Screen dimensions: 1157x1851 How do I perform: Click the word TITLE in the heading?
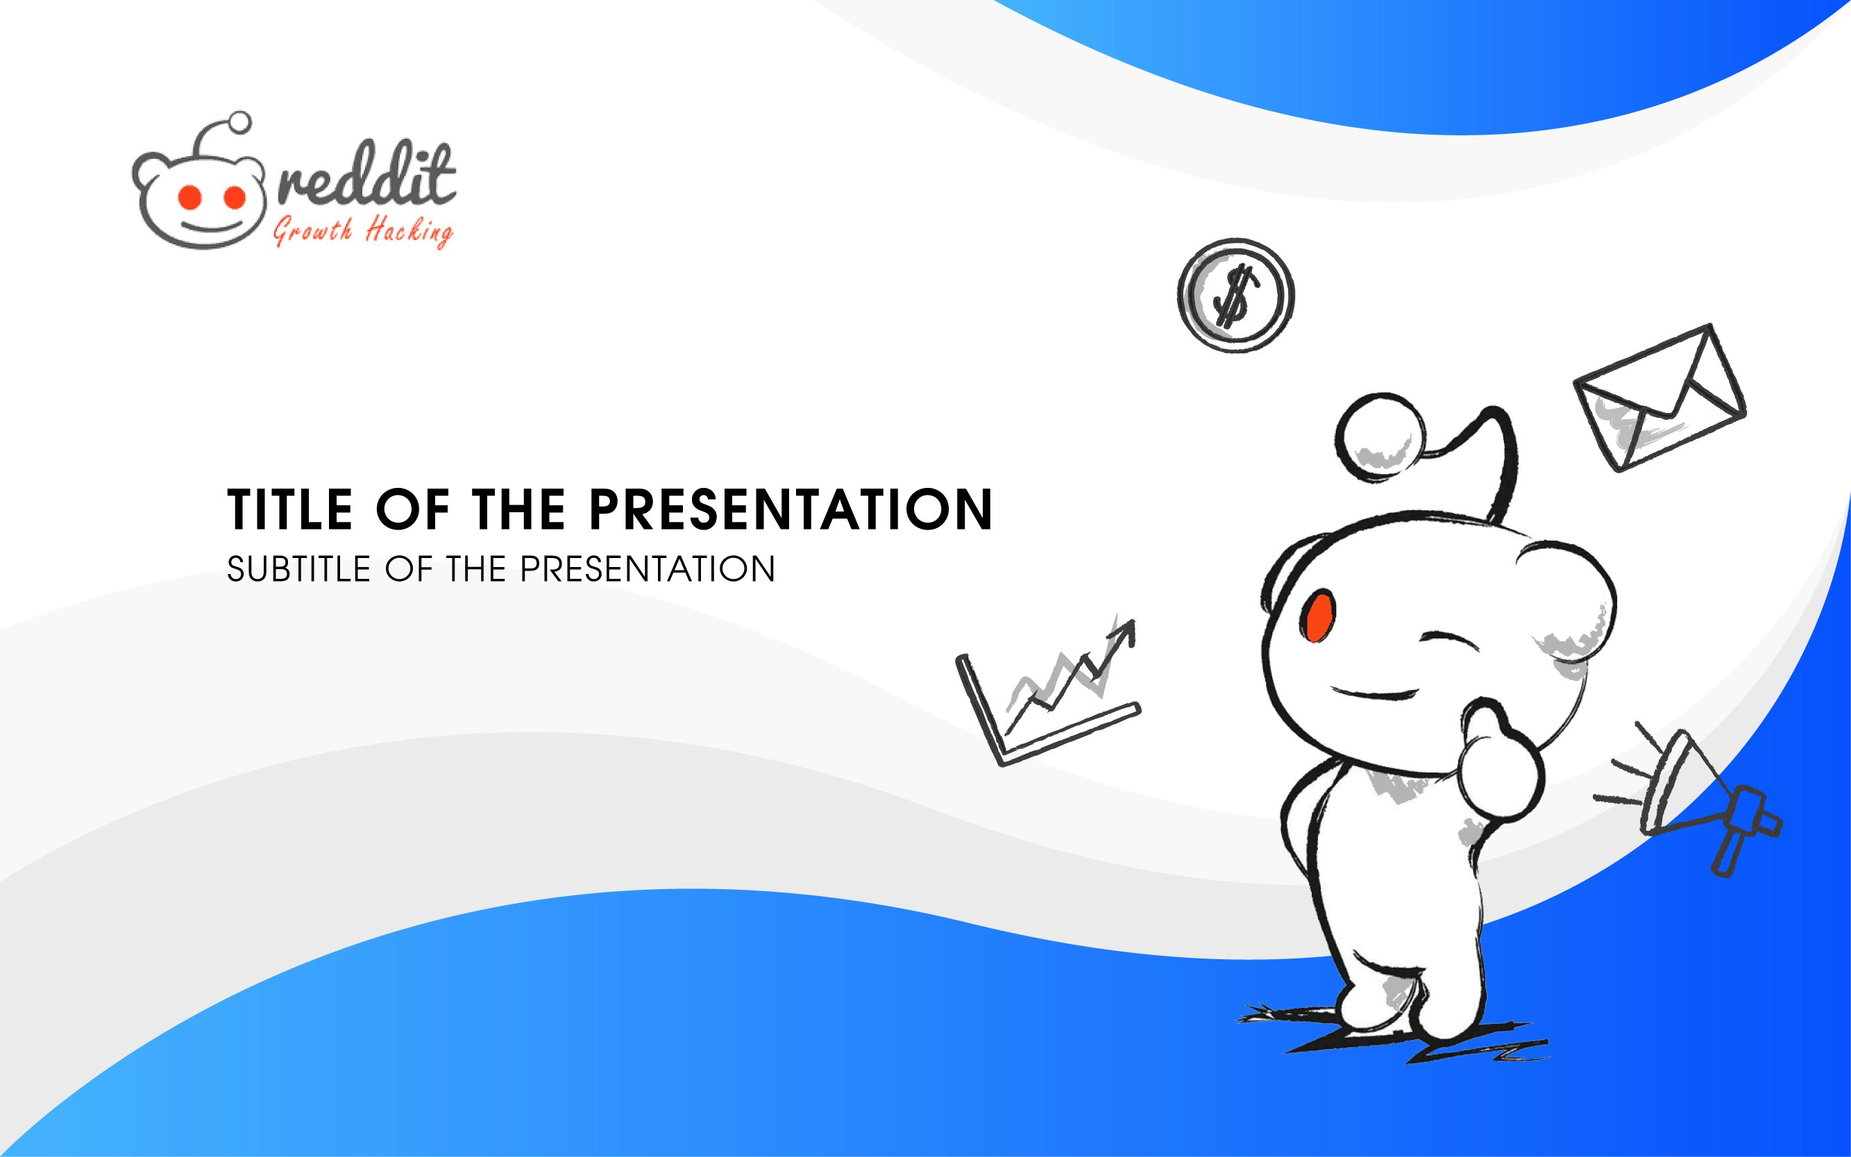point(289,509)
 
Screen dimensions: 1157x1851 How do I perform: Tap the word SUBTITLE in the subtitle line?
point(298,569)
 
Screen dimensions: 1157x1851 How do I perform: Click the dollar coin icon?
point(1235,296)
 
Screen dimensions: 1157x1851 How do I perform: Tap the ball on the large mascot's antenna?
point(1380,437)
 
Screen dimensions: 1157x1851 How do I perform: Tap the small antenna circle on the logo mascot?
point(240,121)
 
